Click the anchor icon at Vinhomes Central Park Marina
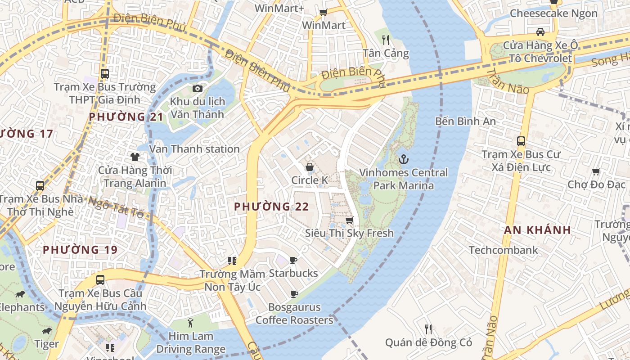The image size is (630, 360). pos(404,159)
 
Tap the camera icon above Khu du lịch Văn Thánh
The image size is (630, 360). pos(197,88)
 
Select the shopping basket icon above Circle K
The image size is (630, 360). pos(310,167)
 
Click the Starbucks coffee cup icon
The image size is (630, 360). pos(293,260)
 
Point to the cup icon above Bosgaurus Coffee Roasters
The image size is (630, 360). pos(294,294)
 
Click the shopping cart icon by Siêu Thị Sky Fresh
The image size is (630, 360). pos(349,220)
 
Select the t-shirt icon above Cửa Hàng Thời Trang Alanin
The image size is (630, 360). pos(135,157)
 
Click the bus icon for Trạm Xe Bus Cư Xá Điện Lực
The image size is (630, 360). pos(521,141)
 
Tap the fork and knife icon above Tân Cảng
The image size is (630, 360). pos(386,40)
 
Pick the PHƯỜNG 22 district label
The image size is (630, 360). pos(271,207)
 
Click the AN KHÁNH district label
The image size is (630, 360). pos(537,230)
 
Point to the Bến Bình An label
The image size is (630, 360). pos(465,121)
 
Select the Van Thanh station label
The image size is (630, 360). pos(194,149)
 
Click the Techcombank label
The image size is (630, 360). pos(503,250)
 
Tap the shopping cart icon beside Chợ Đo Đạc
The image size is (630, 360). pos(596,171)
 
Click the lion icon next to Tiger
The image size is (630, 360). pos(46,331)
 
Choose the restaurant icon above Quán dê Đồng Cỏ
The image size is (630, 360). pos(428,329)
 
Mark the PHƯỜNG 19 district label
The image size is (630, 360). pos(80,250)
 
